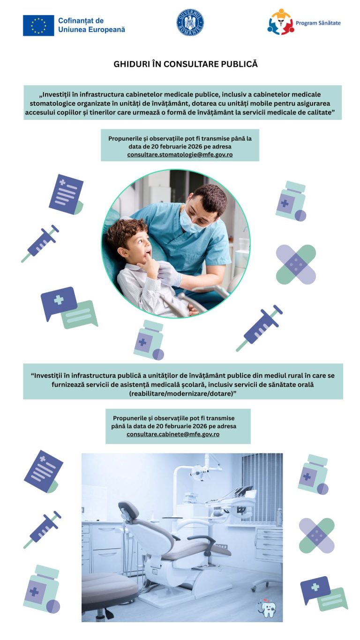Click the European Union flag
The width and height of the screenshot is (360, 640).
coord(38,25)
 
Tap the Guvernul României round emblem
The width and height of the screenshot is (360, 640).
coord(190,23)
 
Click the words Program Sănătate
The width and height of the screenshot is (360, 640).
coord(318,23)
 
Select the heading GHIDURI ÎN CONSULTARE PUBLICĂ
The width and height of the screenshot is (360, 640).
coord(186,64)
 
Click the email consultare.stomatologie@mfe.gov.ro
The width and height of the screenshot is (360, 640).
coord(180,155)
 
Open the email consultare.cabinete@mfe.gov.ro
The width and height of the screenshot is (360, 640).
coord(173,434)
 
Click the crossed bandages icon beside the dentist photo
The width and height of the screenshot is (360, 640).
coord(296,264)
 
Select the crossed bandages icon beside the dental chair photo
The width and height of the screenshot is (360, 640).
coord(316,535)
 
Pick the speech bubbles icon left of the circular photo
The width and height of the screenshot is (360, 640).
coord(69,308)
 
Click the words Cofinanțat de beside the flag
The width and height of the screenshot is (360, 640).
coord(81,21)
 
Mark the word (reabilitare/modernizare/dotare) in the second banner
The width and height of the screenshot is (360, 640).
coord(183,393)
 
